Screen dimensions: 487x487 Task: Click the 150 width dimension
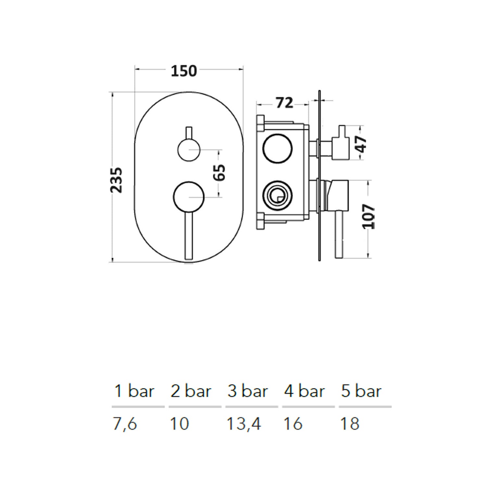(x=184, y=71)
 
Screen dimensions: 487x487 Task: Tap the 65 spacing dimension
(x=220, y=172)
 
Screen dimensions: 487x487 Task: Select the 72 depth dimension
(x=284, y=103)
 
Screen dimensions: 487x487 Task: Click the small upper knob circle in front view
(x=189, y=150)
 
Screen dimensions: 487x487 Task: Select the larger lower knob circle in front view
(x=189, y=197)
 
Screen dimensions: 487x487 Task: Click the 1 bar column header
(x=134, y=391)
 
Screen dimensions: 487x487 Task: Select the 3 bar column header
(x=248, y=391)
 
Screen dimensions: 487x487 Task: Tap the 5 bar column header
(x=361, y=391)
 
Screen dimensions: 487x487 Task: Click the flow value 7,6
(x=125, y=424)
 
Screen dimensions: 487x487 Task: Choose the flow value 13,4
(x=244, y=424)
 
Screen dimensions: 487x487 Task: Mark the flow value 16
(x=293, y=424)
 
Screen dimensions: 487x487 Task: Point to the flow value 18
(x=350, y=424)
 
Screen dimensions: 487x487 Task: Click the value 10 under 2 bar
(x=180, y=424)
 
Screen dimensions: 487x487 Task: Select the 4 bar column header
(x=305, y=391)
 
